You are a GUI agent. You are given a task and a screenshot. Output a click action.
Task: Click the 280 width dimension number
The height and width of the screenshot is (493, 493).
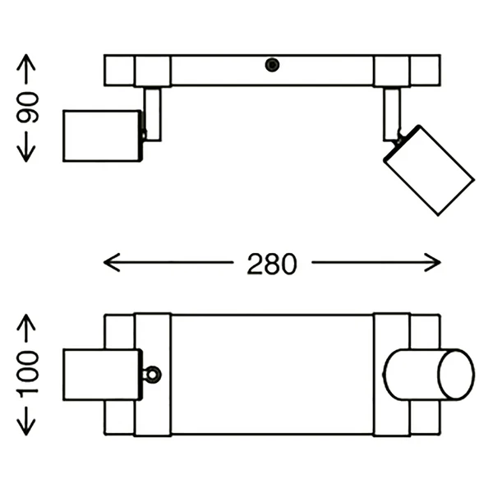pyautogui.click(x=272, y=264)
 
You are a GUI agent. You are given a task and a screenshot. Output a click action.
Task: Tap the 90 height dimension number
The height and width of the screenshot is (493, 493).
pyautogui.click(x=27, y=108)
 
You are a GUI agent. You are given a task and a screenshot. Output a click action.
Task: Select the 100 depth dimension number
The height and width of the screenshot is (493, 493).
pyautogui.click(x=27, y=374)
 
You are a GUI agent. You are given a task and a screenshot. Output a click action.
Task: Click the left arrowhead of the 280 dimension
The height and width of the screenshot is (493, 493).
pyautogui.click(x=112, y=262)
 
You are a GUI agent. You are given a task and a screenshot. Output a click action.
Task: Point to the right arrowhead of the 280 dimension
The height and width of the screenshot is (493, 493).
pyautogui.click(x=433, y=262)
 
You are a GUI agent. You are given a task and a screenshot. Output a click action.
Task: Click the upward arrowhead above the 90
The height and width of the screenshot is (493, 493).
pyautogui.click(x=26, y=62)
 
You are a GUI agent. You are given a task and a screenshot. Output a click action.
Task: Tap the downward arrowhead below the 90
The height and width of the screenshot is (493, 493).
pyautogui.click(x=26, y=154)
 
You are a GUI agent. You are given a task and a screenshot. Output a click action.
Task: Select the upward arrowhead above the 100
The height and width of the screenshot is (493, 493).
pyautogui.click(x=26, y=322)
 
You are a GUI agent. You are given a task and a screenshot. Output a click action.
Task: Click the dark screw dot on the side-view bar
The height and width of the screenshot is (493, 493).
pyautogui.click(x=272, y=65)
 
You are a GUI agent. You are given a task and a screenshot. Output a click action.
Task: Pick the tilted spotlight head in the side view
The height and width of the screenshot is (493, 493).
pyautogui.click(x=429, y=170)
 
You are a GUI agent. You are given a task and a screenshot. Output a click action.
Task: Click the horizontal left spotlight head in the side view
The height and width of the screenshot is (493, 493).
pyautogui.click(x=102, y=136)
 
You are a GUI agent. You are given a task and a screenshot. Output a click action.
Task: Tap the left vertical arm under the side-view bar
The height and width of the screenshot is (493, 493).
pyautogui.click(x=153, y=114)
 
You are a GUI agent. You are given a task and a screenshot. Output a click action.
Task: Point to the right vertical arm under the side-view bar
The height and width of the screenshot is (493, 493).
pyautogui.click(x=392, y=114)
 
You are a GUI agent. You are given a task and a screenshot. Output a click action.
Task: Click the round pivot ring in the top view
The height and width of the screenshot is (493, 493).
pyautogui.click(x=153, y=375)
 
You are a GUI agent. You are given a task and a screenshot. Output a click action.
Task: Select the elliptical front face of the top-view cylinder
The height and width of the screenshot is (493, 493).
pyautogui.click(x=456, y=375)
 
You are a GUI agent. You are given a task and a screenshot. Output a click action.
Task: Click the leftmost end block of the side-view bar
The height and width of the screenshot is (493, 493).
pyautogui.click(x=119, y=71)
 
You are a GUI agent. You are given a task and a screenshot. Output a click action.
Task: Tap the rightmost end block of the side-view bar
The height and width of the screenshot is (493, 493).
pyautogui.click(x=425, y=71)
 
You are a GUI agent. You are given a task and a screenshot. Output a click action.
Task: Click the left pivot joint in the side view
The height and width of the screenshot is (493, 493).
pyautogui.click(x=143, y=135)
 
